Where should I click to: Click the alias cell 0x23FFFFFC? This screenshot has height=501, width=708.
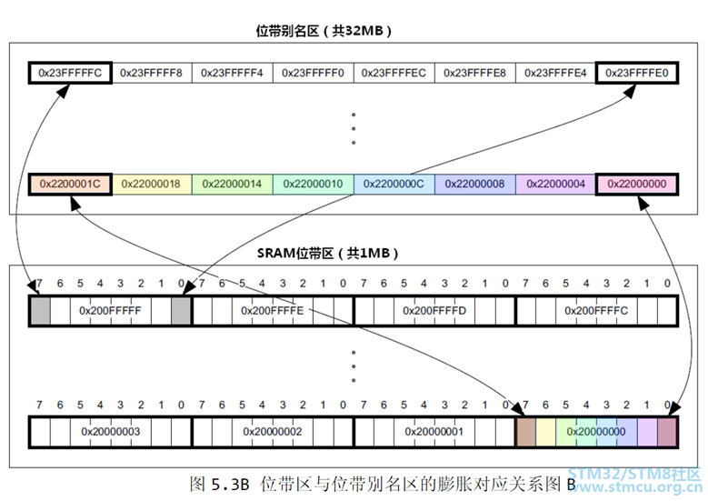click(69, 73)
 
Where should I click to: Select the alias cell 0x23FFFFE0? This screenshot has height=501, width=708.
click(636, 73)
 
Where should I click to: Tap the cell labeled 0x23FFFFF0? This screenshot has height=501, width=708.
click(313, 73)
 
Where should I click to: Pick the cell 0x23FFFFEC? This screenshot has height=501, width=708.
click(394, 73)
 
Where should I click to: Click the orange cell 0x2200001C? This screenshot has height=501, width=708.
click(69, 184)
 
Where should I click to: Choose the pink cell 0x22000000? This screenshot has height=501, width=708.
click(636, 184)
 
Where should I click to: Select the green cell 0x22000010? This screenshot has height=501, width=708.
click(313, 184)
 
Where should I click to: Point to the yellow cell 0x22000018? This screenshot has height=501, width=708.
click(151, 184)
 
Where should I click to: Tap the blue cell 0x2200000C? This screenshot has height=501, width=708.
click(394, 184)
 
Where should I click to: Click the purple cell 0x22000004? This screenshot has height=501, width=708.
click(555, 184)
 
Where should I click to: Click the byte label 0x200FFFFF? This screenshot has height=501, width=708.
click(110, 310)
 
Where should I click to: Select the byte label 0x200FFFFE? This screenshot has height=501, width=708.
click(272, 310)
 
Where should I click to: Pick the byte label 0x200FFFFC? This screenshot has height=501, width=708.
click(596, 310)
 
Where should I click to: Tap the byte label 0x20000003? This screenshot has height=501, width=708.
click(110, 430)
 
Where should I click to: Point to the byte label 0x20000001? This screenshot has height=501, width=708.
click(434, 430)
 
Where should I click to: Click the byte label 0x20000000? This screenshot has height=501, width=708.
click(596, 430)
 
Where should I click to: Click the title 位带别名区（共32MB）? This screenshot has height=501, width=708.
click(324, 30)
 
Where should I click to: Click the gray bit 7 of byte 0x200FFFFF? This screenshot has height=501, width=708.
click(40, 310)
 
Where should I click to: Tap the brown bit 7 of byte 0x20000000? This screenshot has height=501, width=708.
click(525, 430)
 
